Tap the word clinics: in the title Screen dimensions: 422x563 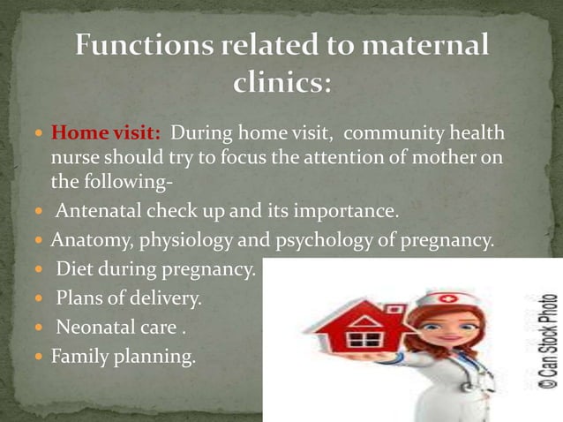coord(281,84)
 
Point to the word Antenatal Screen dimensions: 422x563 coord(96,213)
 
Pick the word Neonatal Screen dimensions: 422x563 coord(94,327)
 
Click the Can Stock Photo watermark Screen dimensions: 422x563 coord(548,341)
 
